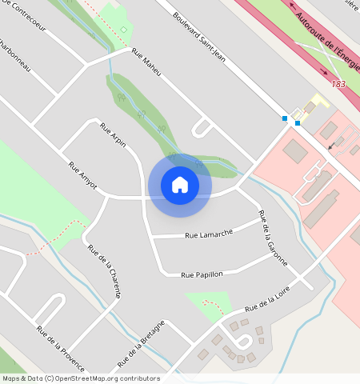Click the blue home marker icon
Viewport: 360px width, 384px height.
[x=180, y=185]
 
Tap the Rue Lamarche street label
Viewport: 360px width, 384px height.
[x=209, y=234]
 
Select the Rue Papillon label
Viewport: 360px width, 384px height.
[x=202, y=274]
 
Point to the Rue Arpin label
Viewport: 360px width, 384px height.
[x=113, y=135]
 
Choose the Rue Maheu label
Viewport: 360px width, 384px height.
[x=146, y=63]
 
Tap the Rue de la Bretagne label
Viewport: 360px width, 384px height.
[x=141, y=344]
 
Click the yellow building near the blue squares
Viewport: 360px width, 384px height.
[x=320, y=101]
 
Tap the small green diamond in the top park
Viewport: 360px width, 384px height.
[x=124, y=30]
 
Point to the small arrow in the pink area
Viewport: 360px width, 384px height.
[x=332, y=146]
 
